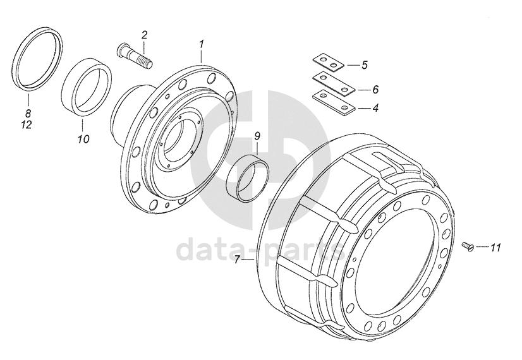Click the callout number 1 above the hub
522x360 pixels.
point(202,44)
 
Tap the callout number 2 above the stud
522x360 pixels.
point(144,35)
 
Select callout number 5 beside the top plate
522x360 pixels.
point(365,65)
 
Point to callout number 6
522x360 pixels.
point(375,89)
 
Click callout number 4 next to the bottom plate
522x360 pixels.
point(375,108)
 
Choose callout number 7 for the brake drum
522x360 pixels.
point(237,260)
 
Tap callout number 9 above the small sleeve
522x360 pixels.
point(257,136)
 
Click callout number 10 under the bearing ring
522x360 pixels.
point(84,139)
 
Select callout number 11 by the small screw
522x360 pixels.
point(495,248)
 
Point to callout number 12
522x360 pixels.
point(27,125)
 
